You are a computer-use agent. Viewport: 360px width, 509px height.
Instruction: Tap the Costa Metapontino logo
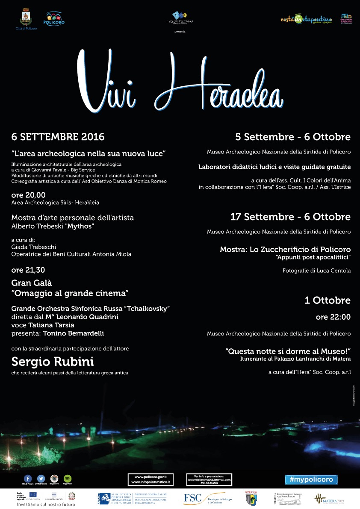306,19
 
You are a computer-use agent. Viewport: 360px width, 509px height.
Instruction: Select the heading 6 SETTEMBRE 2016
58,137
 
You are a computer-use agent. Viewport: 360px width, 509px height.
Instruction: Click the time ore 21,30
28,270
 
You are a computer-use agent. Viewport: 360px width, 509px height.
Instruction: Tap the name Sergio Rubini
53,362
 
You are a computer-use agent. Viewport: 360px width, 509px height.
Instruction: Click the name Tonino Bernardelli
73,333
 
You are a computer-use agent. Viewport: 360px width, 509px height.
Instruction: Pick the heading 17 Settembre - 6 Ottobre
290,217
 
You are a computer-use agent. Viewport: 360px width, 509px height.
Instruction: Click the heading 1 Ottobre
328,300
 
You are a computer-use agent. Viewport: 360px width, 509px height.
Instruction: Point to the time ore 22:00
333,317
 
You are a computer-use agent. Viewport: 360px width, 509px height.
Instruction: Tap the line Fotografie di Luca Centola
316,271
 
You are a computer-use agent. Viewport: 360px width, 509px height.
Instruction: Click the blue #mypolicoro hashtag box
311,480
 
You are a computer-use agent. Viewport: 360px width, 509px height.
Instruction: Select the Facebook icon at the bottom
28,478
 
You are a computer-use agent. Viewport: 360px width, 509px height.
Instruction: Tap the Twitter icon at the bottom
41,478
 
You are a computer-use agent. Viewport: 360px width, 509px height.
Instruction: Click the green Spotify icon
68,478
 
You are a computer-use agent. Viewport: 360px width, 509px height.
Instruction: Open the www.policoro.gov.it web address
150,477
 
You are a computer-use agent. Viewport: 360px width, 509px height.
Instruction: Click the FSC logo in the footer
192,498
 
